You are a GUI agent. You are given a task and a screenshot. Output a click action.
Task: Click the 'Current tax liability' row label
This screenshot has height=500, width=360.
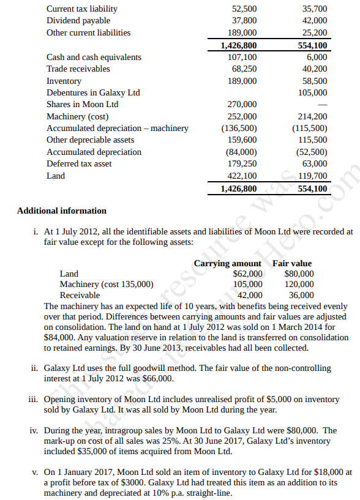(x=82, y=9)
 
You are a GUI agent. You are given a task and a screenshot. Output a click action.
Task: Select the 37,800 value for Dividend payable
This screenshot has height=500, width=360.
(x=244, y=21)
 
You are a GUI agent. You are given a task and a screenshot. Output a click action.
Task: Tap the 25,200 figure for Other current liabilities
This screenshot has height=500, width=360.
(x=315, y=33)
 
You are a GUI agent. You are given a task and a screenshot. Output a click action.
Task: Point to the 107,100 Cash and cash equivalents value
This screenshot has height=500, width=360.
(x=242, y=57)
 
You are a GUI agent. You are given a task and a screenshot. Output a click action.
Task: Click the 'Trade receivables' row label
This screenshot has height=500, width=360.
(x=78, y=69)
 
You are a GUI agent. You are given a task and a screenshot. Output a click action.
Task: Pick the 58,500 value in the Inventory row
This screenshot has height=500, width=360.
(x=315, y=81)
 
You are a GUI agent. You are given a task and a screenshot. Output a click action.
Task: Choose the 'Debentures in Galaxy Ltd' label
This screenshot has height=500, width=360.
(x=93, y=92)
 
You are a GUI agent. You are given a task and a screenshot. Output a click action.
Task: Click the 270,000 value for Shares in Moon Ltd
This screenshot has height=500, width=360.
(x=242, y=104)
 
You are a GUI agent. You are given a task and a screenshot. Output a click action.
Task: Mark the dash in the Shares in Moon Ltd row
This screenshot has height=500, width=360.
(x=321, y=105)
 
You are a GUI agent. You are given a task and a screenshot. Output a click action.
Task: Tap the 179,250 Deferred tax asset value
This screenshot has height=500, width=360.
(x=242, y=163)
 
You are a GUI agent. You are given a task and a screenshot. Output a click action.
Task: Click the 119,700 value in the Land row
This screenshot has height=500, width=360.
(x=312, y=176)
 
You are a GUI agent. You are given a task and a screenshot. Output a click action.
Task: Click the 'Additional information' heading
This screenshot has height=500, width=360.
(x=61, y=211)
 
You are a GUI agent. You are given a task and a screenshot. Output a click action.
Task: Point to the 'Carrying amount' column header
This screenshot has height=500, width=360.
(x=228, y=263)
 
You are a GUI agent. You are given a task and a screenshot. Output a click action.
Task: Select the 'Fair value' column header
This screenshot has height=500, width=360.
(x=292, y=263)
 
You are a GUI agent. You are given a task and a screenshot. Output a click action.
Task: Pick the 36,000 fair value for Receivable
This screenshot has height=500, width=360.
(x=301, y=295)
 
